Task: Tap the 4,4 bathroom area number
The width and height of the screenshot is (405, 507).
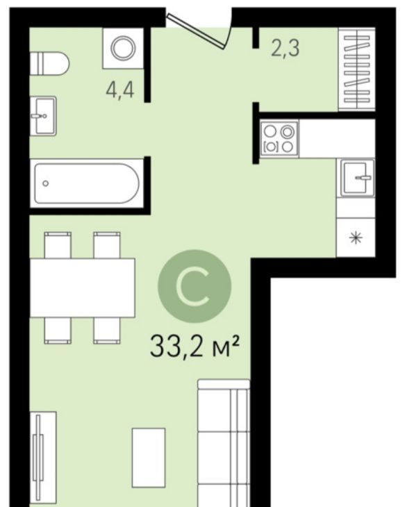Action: coord(119,90)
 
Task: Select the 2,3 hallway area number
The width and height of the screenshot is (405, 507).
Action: coord(286,48)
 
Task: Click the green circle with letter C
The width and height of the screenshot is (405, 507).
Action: coord(195,286)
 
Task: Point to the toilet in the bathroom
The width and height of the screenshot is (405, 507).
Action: coord(49,63)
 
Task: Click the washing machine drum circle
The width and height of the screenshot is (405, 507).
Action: coord(123,48)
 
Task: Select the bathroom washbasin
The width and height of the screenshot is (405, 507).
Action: coord(43,116)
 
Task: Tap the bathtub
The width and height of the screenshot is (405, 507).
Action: coord(87,183)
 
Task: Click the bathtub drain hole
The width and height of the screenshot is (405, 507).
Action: coord(46,183)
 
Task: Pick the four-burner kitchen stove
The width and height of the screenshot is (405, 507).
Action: coord(279,139)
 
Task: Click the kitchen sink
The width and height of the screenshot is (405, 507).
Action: coord(356,178)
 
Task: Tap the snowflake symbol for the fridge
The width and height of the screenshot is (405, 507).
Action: coord(356,238)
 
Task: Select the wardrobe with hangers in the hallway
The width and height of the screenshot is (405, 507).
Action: coord(356,69)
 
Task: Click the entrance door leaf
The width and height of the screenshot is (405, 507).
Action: coord(196,31)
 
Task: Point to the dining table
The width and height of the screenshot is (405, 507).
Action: coord(83,288)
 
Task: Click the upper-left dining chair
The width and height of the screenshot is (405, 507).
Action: coord(58,244)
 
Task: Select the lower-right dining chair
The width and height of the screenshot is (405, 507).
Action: coord(107,331)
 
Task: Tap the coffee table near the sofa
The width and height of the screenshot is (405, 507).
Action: coord(149,458)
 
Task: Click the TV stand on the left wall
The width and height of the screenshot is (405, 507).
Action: coord(43,459)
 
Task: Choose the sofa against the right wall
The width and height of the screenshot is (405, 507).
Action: coord(224,443)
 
